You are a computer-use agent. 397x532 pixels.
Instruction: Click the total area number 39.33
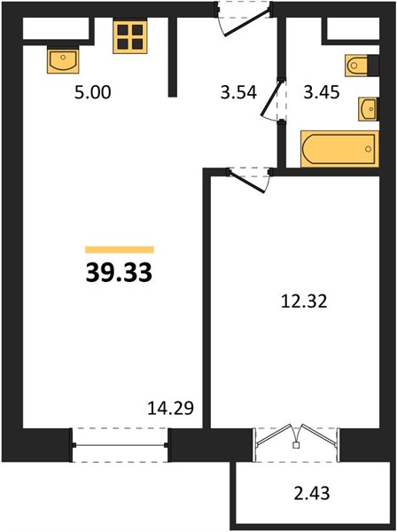(x=119, y=273)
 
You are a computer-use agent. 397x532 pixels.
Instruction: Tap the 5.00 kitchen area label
(x=92, y=92)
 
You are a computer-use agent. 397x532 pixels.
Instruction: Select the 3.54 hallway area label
(x=238, y=92)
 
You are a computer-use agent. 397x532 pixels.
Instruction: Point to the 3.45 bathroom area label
(x=322, y=92)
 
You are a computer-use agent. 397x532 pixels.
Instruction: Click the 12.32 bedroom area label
(x=304, y=301)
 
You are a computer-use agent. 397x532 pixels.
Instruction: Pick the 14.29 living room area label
(x=170, y=408)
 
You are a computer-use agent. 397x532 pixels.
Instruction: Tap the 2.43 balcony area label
(x=312, y=493)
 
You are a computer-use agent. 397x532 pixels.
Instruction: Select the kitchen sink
(x=63, y=61)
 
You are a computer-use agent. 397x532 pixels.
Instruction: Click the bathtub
(x=339, y=149)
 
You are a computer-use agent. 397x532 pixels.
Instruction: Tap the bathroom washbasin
(x=369, y=109)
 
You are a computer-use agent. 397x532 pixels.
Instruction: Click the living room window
(x=120, y=445)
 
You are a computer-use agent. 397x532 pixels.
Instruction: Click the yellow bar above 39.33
(x=120, y=250)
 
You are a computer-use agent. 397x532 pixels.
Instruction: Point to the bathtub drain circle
(x=368, y=149)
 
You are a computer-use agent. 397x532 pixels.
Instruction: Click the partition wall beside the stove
(x=173, y=57)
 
